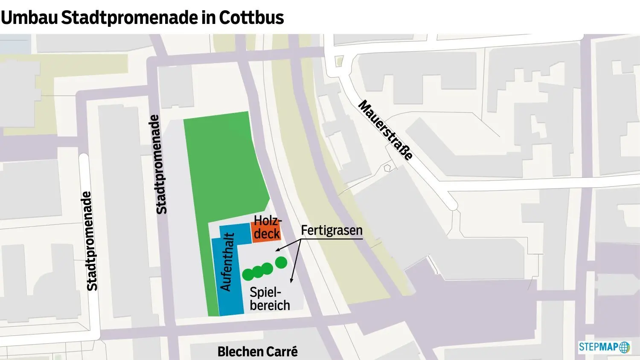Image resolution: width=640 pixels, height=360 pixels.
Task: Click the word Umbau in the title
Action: [x=29, y=18]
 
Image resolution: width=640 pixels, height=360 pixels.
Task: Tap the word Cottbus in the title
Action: [x=251, y=18]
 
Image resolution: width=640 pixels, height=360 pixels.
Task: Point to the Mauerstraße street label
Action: [x=386, y=130]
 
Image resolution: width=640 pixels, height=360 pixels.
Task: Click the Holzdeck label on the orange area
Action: [x=267, y=227]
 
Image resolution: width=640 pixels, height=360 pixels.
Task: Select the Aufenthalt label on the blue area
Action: [x=227, y=262]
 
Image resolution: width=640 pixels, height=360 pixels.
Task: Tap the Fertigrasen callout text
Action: [x=332, y=230]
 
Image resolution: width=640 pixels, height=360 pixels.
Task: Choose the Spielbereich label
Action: [x=270, y=299]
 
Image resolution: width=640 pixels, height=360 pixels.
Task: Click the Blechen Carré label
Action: [x=257, y=351]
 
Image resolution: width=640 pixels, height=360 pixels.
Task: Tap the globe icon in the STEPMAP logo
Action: [x=625, y=347]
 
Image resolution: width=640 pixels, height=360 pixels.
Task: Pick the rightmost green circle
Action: [x=281, y=263]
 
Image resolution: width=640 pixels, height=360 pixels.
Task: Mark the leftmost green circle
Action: [x=248, y=274]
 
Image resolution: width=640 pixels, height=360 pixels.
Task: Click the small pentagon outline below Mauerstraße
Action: [x=387, y=168]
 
